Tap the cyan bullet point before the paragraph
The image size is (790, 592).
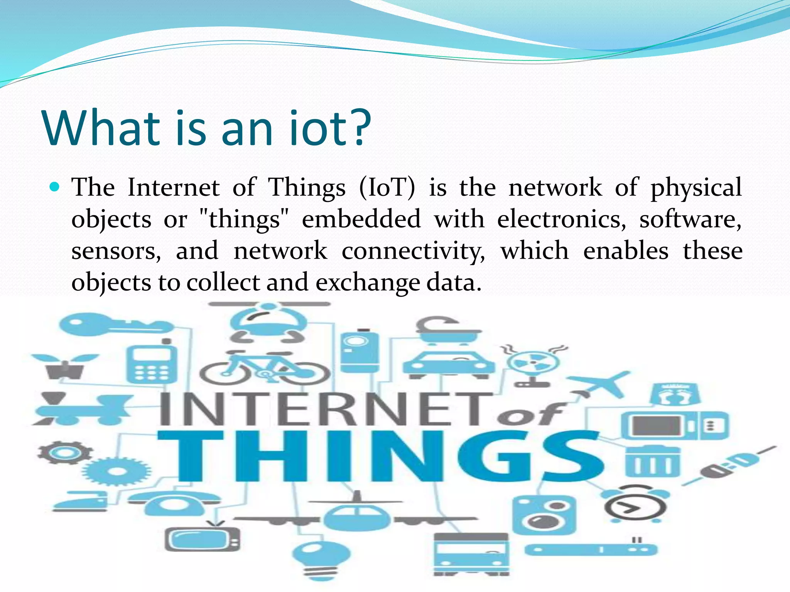[55, 187]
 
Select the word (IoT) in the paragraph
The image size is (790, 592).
[387, 188]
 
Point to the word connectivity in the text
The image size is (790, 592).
[413, 251]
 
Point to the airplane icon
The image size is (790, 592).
[601, 383]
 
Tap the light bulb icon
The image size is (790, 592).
[321, 559]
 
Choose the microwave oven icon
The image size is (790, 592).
[674, 426]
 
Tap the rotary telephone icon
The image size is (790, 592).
[174, 505]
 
